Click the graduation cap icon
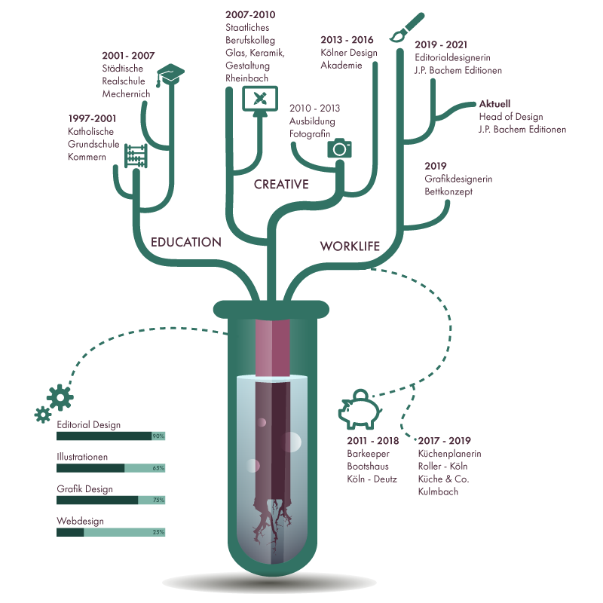(170, 75)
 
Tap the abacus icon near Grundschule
(136, 156)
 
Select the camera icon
(340, 148)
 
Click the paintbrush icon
(407, 27)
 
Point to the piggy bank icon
(360, 409)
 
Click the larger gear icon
(60, 398)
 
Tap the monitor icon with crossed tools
(260, 99)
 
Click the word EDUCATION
(186, 242)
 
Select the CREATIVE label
(281, 184)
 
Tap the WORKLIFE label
(350, 246)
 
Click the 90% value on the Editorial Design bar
(158, 436)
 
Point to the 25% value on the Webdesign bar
(158, 532)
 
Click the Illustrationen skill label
(82, 457)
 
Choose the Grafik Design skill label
(84, 489)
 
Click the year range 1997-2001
(92, 118)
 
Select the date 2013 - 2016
(347, 40)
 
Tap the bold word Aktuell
(494, 104)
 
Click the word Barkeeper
(368, 454)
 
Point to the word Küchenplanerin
(449, 454)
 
